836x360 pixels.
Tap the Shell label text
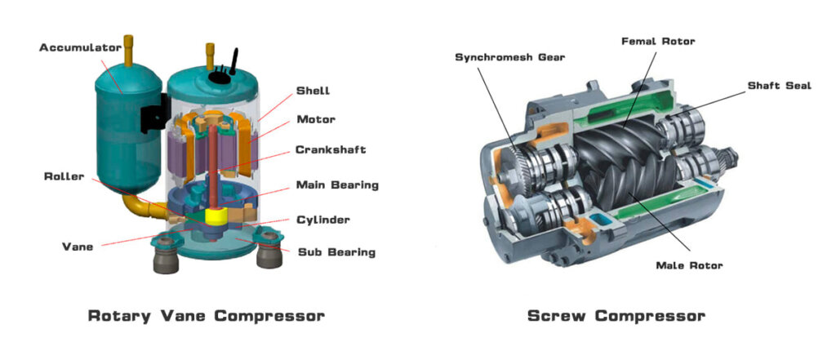313,91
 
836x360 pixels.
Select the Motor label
316,120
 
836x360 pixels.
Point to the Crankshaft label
331,150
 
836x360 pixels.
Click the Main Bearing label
337,185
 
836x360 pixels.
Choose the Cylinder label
323,220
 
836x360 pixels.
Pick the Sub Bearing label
336,252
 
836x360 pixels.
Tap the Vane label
78,246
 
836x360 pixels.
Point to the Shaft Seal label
780,86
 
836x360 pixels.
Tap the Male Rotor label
689,265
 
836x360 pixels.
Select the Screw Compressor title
616,316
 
